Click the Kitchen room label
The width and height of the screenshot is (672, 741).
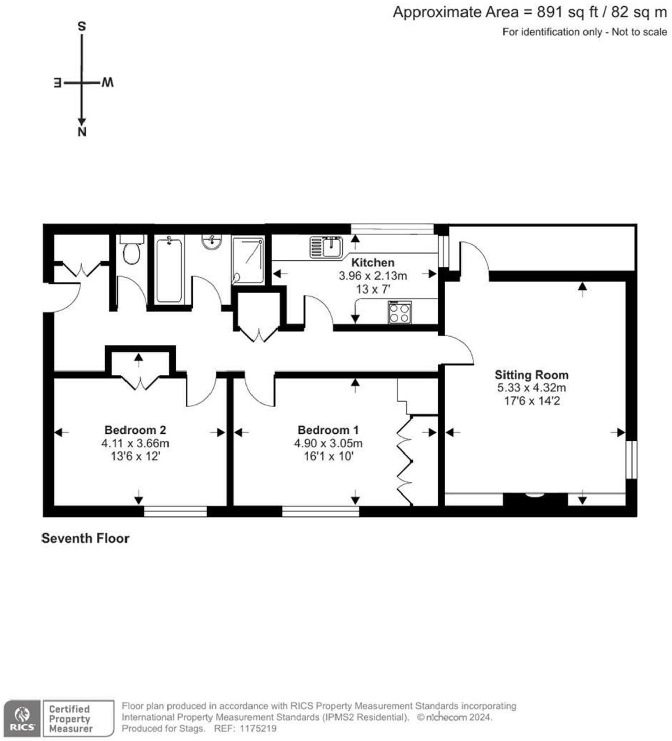point(372,262)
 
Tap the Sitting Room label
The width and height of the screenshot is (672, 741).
point(531,375)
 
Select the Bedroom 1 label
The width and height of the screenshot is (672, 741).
point(328,430)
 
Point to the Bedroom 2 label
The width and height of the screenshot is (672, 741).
point(135,430)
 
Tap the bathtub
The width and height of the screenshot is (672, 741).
point(169,270)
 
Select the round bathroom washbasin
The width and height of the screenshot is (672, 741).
point(212,242)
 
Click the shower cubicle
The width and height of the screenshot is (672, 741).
point(248,261)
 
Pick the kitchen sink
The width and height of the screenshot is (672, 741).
point(326,247)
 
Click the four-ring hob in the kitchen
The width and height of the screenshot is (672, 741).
point(400,312)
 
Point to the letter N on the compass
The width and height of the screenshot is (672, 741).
point(82,132)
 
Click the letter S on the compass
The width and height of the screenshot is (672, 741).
point(81,27)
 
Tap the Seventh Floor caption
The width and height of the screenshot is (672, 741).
point(86,538)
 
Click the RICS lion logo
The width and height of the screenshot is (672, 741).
point(22,718)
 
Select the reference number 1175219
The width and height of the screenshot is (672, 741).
point(258,729)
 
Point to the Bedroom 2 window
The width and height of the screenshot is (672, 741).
point(176,511)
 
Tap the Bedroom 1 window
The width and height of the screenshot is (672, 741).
point(321,511)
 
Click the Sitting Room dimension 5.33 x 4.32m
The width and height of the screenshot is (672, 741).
point(532,388)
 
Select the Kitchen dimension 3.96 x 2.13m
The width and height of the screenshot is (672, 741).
point(373,275)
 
